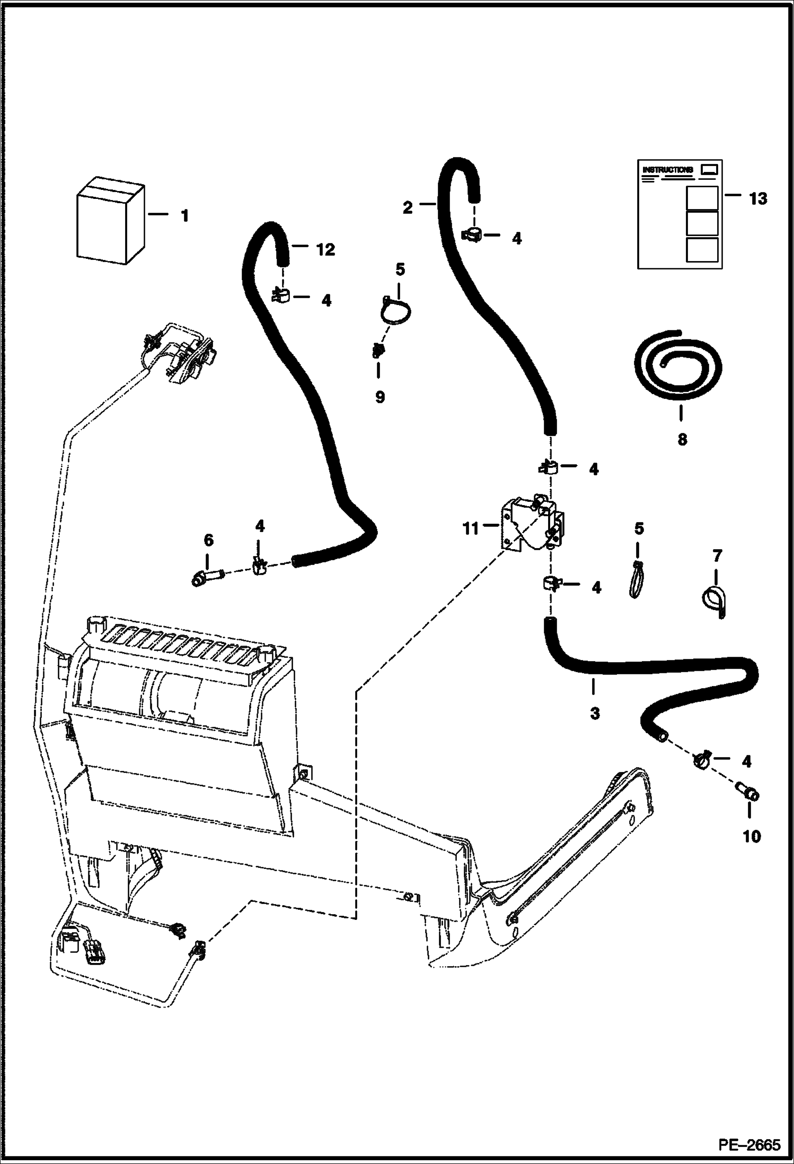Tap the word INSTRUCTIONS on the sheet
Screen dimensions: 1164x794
pos(667,170)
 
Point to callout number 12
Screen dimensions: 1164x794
pos(325,249)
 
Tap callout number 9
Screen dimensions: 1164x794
pos(380,397)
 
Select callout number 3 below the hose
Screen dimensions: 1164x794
pos(595,714)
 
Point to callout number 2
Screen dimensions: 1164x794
pos(407,207)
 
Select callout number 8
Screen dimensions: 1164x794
pos(682,439)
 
